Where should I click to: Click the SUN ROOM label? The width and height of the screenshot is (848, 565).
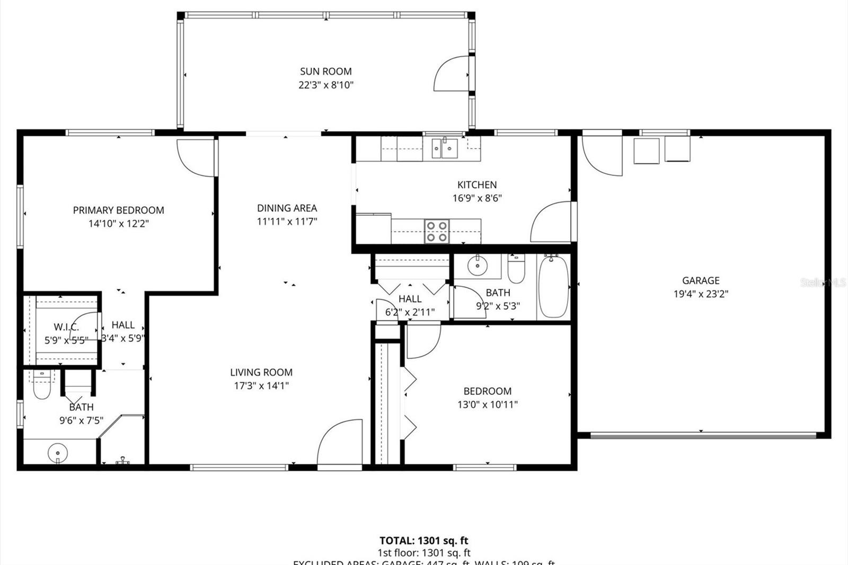(x=325, y=71)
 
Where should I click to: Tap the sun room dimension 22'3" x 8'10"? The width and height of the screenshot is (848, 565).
(x=325, y=85)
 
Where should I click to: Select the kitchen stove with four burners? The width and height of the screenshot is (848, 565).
(x=437, y=232)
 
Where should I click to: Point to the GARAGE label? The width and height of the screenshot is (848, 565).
(x=701, y=280)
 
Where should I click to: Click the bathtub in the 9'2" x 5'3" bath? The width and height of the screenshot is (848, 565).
(x=554, y=287)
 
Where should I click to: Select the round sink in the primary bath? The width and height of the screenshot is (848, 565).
(x=57, y=453)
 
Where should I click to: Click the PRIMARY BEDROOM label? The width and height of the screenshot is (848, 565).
(x=118, y=210)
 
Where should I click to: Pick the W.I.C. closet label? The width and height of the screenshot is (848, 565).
(x=66, y=327)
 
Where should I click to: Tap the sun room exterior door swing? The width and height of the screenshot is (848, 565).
(x=450, y=74)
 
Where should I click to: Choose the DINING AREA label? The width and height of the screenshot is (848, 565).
(x=287, y=208)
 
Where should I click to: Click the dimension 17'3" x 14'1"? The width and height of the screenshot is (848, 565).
(x=261, y=386)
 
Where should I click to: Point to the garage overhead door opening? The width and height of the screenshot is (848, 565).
(x=703, y=436)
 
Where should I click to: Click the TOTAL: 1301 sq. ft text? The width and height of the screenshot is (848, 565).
(x=423, y=541)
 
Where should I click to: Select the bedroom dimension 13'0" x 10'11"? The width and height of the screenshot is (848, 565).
(x=487, y=404)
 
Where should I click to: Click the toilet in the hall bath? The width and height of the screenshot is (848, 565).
(x=516, y=269)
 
